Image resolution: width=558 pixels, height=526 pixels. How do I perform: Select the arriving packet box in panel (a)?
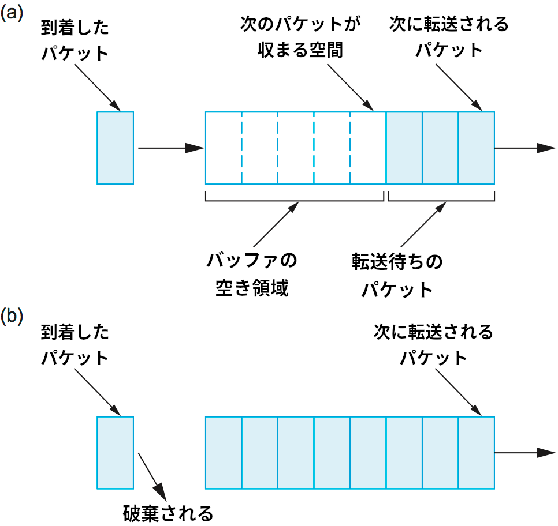tap(115, 148)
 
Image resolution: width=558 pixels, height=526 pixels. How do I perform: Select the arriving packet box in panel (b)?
tap(115, 452)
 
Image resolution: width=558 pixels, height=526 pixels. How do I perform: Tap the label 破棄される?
tap(168, 512)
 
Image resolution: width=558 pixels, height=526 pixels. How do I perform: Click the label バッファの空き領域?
tap(252, 274)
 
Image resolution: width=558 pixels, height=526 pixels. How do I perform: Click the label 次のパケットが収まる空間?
tap(300, 37)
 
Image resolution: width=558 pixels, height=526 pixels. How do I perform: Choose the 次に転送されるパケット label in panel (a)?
tap(449, 36)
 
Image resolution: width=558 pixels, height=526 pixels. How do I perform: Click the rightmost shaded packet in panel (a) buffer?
tap(477, 148)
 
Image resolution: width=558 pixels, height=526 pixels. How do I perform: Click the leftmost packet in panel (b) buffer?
tap(224, 452)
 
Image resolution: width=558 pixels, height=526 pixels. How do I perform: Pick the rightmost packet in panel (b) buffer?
tap(477, 452)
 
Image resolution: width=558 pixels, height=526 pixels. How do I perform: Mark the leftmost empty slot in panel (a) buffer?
tap(224, 148)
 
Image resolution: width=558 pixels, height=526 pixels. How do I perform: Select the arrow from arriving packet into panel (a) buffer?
tap(171, 148)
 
